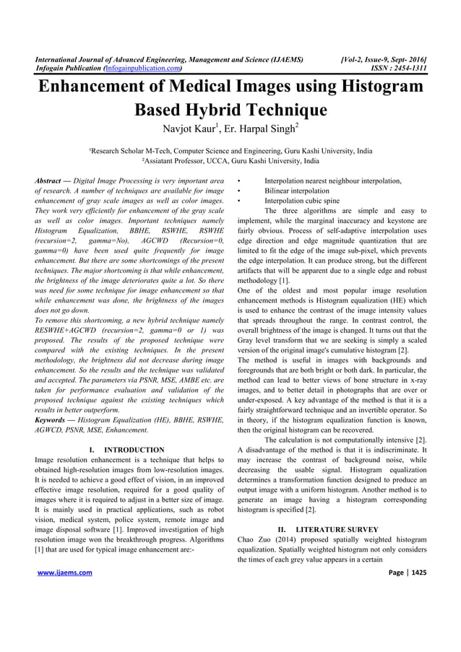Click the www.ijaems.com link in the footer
pos(66,573)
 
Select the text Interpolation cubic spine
pos(302,201)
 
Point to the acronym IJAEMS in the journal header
pos(280,58)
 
